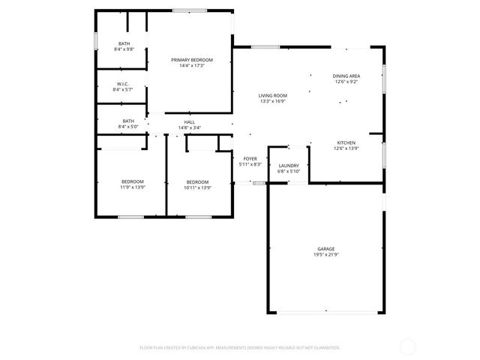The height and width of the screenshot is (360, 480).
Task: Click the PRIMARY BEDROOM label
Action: click(192, 60)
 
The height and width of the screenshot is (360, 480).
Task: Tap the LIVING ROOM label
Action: click(273, 95)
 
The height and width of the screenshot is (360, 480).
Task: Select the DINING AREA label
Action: click(346, 76)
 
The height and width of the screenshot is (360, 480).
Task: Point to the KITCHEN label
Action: click(346, 142)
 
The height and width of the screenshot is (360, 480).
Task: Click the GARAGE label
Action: click(325, 249)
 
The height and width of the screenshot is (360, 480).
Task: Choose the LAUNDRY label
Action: click(289, 166)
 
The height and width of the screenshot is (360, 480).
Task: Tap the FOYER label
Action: click(250, 159)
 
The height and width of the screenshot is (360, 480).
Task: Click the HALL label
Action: click(190, 122)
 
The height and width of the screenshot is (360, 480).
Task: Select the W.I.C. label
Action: click(124, 84)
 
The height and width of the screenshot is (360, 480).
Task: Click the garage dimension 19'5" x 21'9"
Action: click(325, 255)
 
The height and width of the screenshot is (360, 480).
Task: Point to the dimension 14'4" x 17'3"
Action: click(192, 66)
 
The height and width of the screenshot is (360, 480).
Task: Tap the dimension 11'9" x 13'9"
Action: click(133, 187)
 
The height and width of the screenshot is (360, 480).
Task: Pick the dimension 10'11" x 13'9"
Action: click(197, 187)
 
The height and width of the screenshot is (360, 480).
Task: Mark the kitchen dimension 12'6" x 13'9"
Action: click(346, 148)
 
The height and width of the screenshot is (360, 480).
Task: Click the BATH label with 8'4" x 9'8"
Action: click(124, 43)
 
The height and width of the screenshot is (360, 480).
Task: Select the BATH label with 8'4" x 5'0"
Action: click(129, 121)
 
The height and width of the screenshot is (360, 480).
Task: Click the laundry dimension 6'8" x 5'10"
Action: click(289, 172)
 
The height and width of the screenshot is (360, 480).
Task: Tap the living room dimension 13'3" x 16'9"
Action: click(273, 101)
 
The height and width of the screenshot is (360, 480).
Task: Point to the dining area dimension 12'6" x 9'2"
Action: click(346, 82)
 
